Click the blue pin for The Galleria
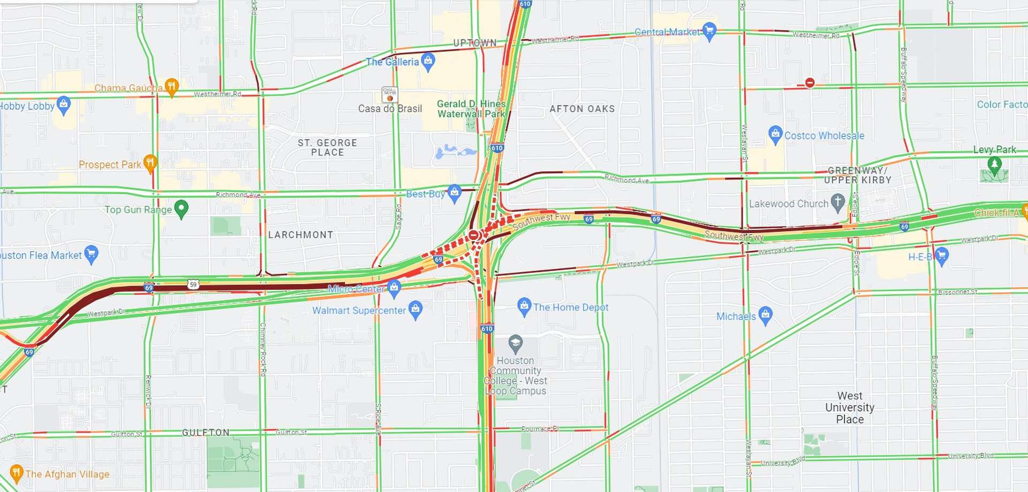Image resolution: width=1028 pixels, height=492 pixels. pos(428,61)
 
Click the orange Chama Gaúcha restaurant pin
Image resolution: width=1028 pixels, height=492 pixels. pos(171,86)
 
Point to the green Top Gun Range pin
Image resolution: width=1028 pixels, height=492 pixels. pos(182,208)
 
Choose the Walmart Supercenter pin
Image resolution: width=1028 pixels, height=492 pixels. pos(415,309)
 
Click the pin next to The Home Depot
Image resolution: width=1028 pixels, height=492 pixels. pos(524,306)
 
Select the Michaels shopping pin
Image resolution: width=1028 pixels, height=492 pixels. pos(766,315)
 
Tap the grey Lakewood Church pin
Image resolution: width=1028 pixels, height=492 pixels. pos(838,202)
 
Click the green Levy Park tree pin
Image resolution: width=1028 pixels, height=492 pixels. pos(994,165)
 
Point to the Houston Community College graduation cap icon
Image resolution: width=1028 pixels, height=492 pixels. pos(515,342)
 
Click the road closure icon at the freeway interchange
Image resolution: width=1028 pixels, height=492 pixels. pos(474,235)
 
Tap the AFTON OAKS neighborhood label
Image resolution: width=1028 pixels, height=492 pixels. pos(582,109)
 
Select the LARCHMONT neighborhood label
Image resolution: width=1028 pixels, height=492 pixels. pos(300,235)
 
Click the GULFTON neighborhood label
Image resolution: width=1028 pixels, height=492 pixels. pos(206,433)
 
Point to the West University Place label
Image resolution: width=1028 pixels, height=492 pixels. pos(850,407)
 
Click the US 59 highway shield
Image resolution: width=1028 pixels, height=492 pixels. pos(193,284)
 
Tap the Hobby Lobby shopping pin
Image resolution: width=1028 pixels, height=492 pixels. pos(64,105)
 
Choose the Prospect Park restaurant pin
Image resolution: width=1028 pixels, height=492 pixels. pos(150,163)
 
